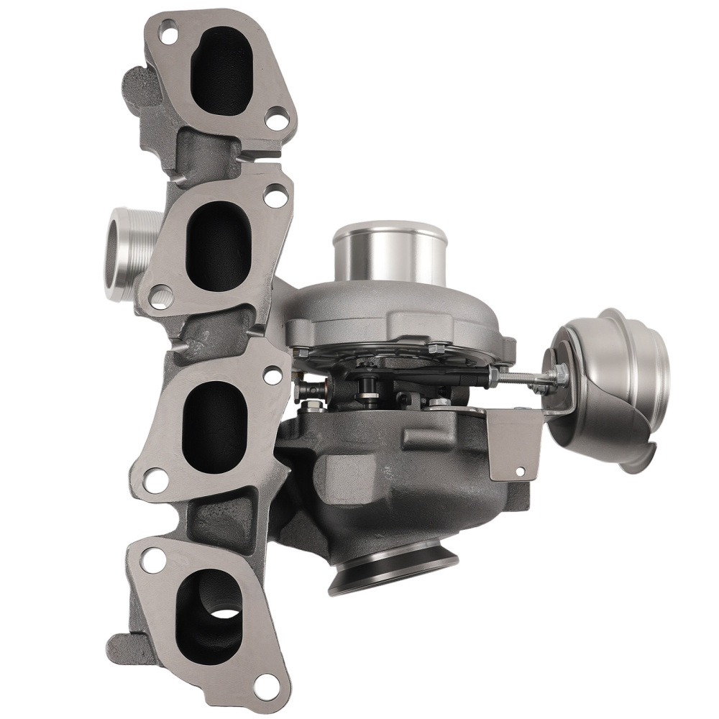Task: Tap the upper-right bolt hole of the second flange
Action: [x=273, y=193]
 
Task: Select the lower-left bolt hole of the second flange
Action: [x=161, y=293]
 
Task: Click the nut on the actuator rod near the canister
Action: [x=559, y=373]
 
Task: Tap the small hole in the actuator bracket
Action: [x=521, y=472]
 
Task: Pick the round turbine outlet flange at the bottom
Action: [x=395, y=571]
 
